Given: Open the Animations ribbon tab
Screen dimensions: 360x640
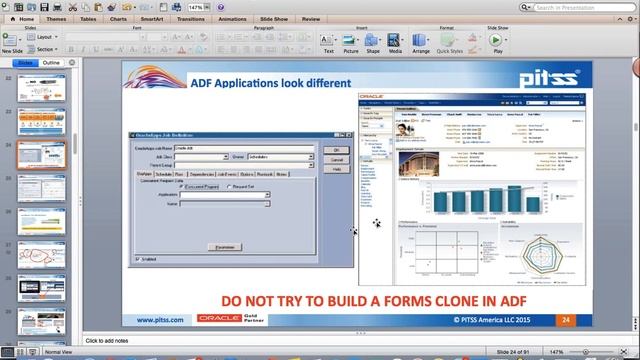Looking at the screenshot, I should coord(231,19).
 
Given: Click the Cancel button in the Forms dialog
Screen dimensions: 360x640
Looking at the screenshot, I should coord(337,159).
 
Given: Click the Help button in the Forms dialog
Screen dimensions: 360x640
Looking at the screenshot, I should coord(337,169).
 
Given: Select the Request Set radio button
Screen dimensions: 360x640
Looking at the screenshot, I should coord(231,186).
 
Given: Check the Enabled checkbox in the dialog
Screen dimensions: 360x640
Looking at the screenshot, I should coord(137,259).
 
